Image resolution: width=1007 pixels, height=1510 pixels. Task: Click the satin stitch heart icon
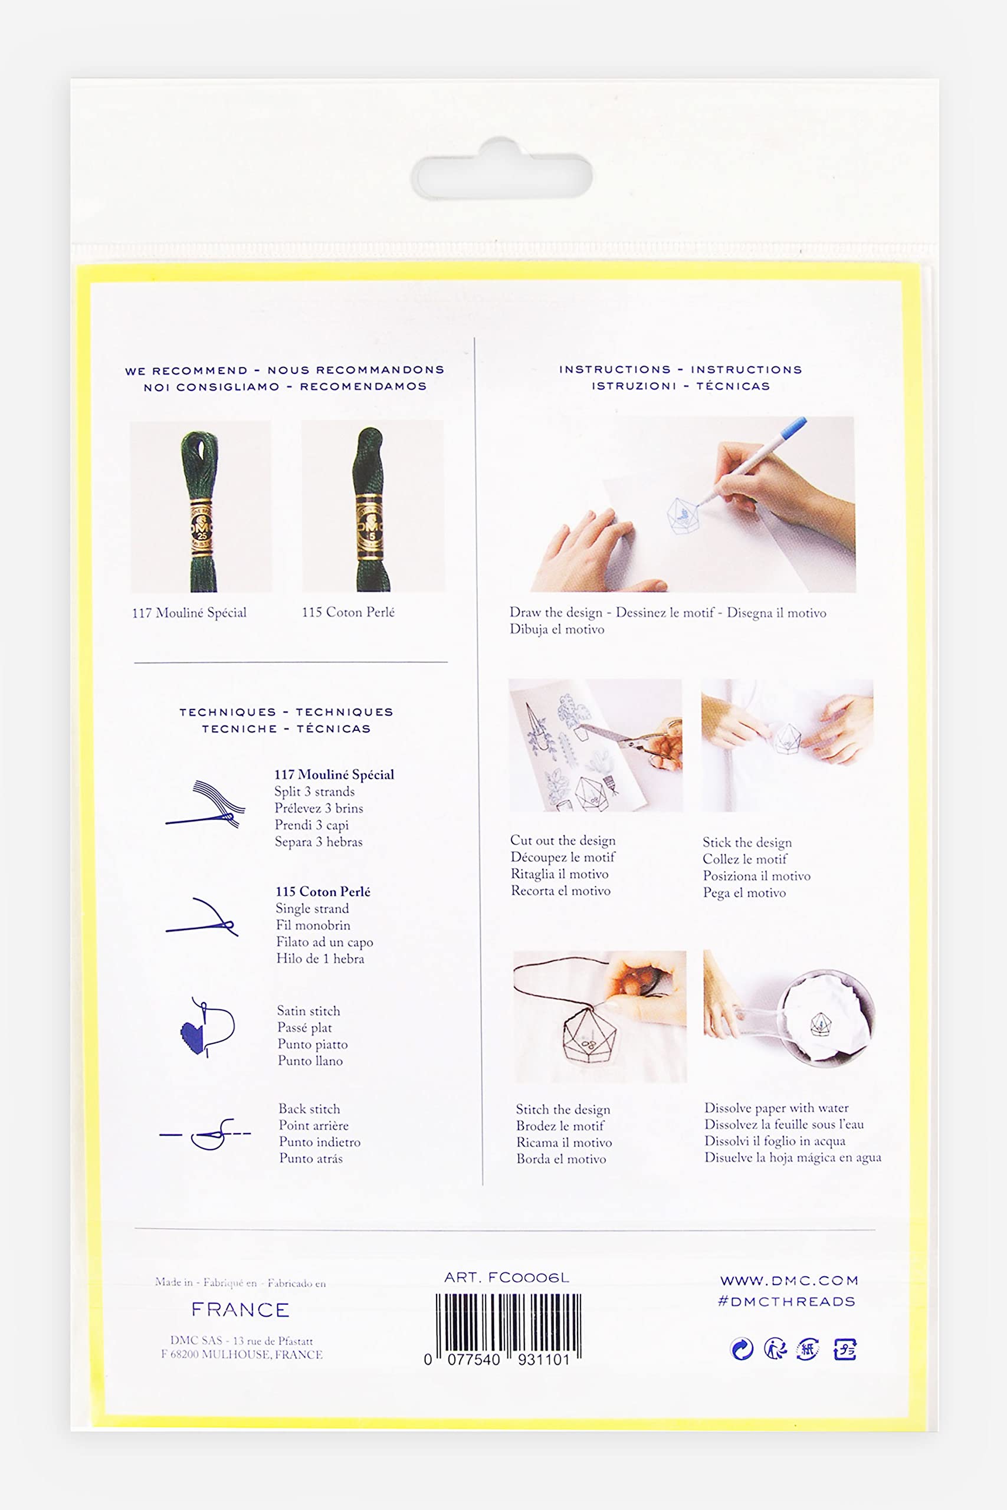point(192,1032)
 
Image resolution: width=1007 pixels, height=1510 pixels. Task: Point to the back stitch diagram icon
point(205,1134)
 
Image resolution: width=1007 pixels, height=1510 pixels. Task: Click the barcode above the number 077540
point(509,1324)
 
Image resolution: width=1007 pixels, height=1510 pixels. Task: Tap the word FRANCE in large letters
point(240,1309)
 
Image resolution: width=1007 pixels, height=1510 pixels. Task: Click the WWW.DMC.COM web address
point(789,1281)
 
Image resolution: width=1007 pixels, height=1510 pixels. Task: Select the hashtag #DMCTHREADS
point(787,1301)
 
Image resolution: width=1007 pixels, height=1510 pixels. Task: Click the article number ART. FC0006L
point(507,1278)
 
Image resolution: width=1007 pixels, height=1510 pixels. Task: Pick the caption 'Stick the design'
point(747,842)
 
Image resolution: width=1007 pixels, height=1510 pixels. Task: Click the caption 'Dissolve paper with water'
point(776,1108)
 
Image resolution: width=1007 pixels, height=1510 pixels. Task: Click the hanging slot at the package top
point(501,169)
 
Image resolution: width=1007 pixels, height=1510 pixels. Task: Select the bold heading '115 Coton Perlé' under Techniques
point(323,891)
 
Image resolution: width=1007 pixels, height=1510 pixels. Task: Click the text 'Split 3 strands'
point(314,792)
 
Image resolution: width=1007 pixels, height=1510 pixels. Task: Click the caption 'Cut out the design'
point(563,841)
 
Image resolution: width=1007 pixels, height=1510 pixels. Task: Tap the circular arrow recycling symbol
point(742,1349)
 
